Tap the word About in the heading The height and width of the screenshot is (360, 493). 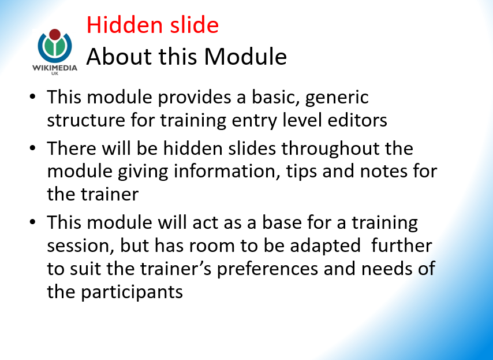tap(119, 57)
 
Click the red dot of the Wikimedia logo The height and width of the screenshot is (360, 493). tap(55, 34)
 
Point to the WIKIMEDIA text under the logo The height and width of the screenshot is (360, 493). tap(55, 68)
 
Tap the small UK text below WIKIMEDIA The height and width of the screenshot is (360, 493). tap(55, 73)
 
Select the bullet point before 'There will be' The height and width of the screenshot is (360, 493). tap(32, 148)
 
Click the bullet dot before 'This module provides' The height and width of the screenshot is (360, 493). tap(32, 97)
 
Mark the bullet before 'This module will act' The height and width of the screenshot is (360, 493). tap(32, 222)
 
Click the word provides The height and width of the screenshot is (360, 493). tap(195, 97)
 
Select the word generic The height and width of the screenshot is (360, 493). tap(337, 98)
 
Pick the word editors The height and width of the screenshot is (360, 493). tap(357, 120)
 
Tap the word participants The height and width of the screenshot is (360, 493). tap(132, 292)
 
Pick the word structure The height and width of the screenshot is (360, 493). tap(86, 120)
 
